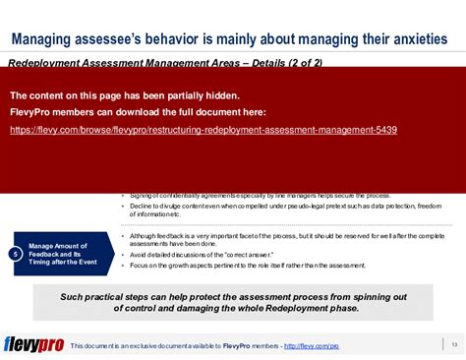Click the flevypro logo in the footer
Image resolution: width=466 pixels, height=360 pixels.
point(33,343)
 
